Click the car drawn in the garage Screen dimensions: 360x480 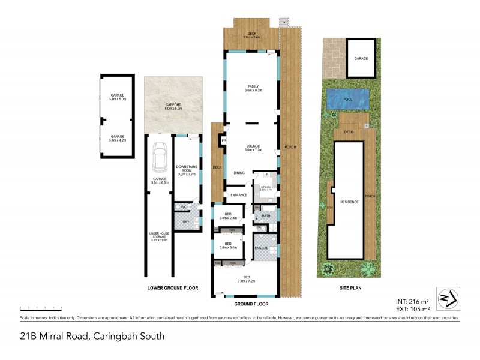(x=160, y=157)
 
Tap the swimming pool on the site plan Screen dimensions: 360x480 (x=347, y=98)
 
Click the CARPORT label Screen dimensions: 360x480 (x=173, y=106)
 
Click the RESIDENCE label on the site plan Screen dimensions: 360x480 (x=349, y=202)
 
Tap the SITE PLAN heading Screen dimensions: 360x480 (x=349, y=288)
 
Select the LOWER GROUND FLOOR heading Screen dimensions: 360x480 (x=173, y=288)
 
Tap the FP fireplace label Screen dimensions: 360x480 (x=223, y=140)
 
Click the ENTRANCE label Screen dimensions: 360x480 (x=235, y=196)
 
